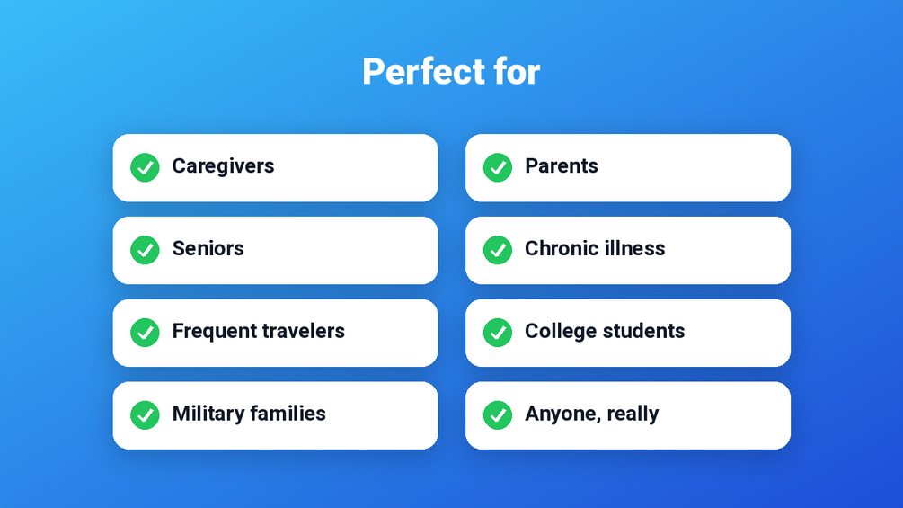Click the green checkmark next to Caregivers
(x=146, y=167)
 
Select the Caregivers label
(x=223, y=166)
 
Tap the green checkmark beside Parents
(x=498, y=167)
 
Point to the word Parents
(x=562, y=165)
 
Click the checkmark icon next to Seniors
(x=146, y=250)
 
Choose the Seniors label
(x=208, y=249)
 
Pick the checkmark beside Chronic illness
(x=498, y=250)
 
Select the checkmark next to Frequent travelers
(x=146, y=333)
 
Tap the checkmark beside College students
(x=498, y=333)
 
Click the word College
(x=561, y=332)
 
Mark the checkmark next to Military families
(x=146, y=415)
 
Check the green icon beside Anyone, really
(x=498, y=415)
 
